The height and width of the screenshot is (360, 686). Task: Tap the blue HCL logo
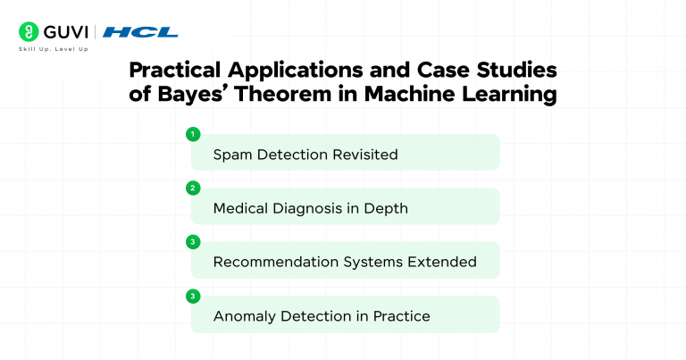140,32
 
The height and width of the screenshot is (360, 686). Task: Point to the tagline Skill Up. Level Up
53,48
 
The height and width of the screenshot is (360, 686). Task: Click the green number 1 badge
191,134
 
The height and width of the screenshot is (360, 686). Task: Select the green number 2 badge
191,188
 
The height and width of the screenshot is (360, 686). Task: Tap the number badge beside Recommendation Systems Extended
191,241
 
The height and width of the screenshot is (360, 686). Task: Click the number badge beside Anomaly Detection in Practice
191,295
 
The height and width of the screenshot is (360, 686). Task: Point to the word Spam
233,155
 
